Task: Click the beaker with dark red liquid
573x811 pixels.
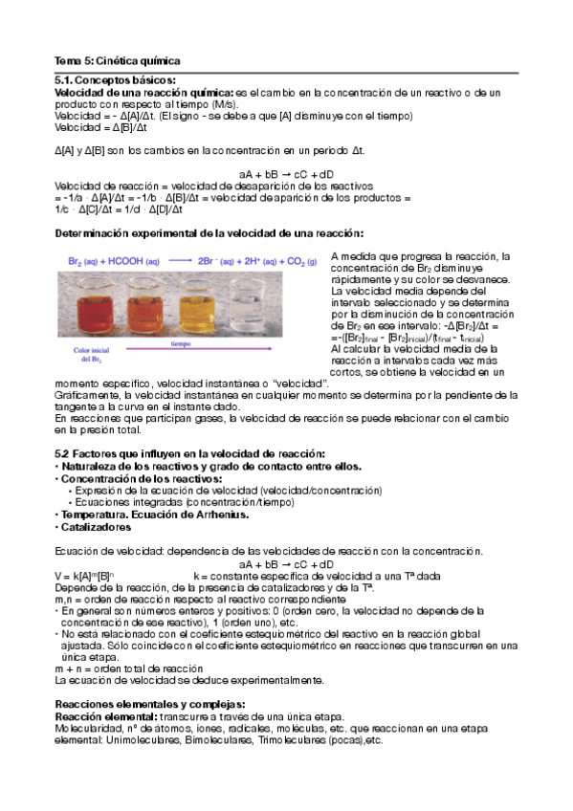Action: click(x=93, y=304)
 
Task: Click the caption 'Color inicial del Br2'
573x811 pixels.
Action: click(x=89, y=355)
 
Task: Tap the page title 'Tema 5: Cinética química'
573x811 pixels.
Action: click(x=116, y=61)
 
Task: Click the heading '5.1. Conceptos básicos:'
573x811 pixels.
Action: click(x=115, y=80)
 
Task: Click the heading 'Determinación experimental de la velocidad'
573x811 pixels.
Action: click(x=209, y=233)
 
